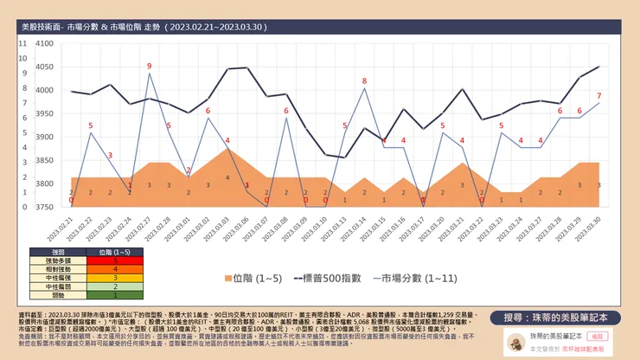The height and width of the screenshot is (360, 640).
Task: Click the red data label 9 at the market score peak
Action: click(x=149, y=66)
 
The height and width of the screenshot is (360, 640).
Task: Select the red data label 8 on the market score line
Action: click(x=364, y=81)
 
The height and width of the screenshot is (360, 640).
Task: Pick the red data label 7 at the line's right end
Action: click(x=598, y=95)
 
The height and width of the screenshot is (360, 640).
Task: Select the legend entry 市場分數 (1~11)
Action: click(x=413, y=279)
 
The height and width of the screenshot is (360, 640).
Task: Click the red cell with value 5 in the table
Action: click(x=116, y=259)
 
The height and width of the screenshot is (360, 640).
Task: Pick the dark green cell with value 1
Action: click(x=116, y=294)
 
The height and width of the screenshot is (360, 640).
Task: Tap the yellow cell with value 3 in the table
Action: click(x=116, y=277)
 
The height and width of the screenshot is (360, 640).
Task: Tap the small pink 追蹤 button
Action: click(x=597, y=335)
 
